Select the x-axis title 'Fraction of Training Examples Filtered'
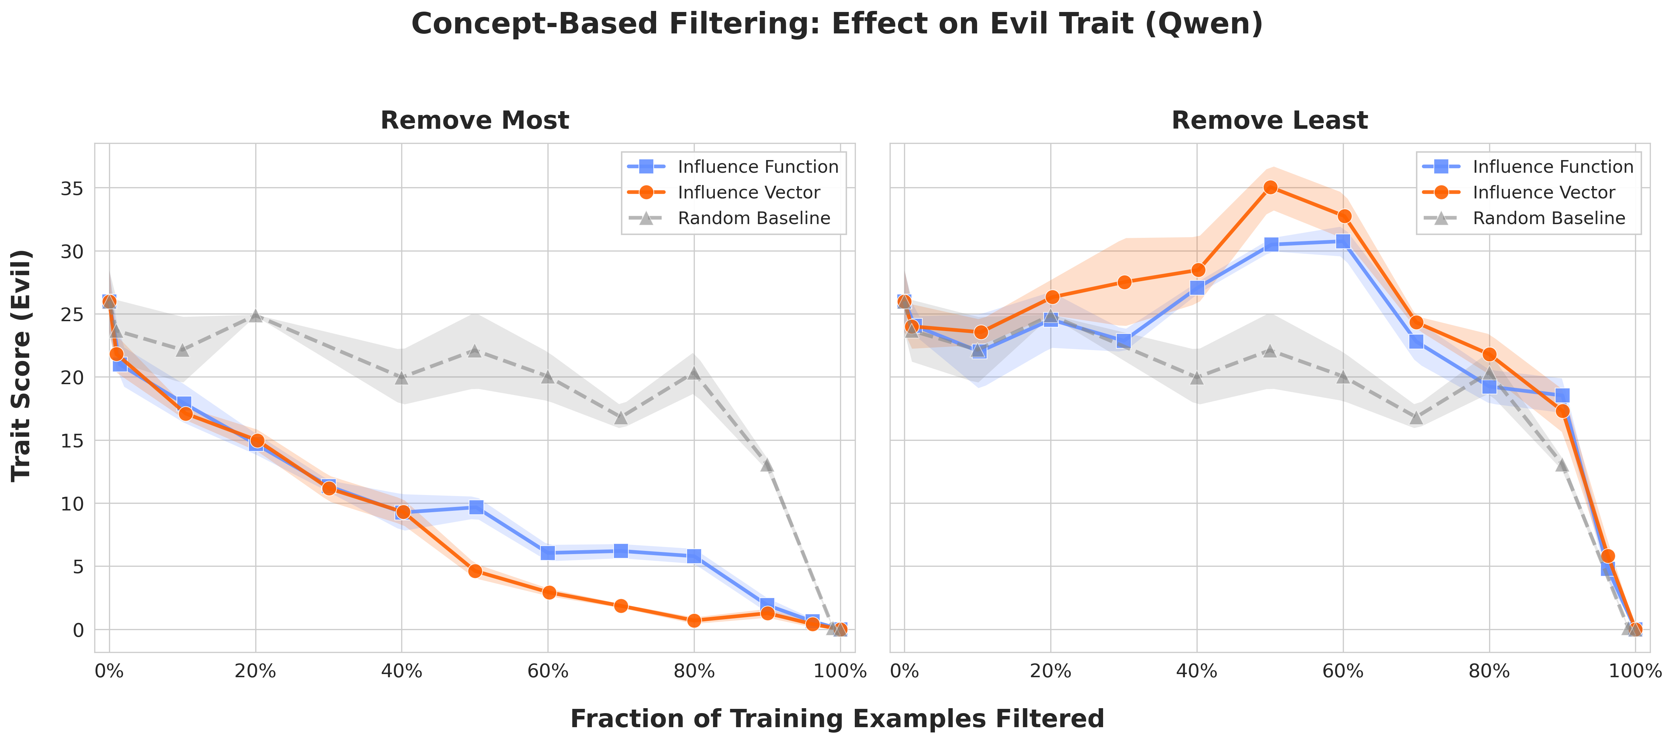836,718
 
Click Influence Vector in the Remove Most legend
748,192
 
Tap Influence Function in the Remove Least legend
1552,167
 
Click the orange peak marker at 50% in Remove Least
1270,187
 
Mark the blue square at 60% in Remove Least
1342,241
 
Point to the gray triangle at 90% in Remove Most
767,465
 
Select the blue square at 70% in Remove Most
621,551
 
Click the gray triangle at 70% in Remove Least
1416,417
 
